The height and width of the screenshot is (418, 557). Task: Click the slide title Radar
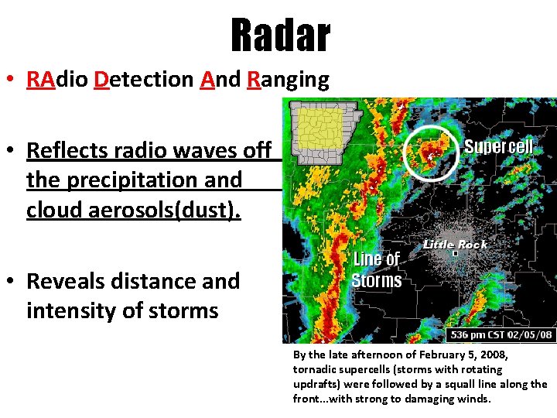tap(280, 36)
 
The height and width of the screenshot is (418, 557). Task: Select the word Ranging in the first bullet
tap(288, 79)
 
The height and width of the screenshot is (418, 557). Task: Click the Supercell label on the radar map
tap(498, 147)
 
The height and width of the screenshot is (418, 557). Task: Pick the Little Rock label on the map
tap(455, 244)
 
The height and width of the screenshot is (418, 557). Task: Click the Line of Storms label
tap(376, 269)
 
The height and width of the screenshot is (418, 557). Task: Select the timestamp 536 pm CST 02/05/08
tap(501, 334)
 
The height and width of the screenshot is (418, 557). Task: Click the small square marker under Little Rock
tap(456, 253)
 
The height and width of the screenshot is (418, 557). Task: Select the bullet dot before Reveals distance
tap(12, 281)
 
